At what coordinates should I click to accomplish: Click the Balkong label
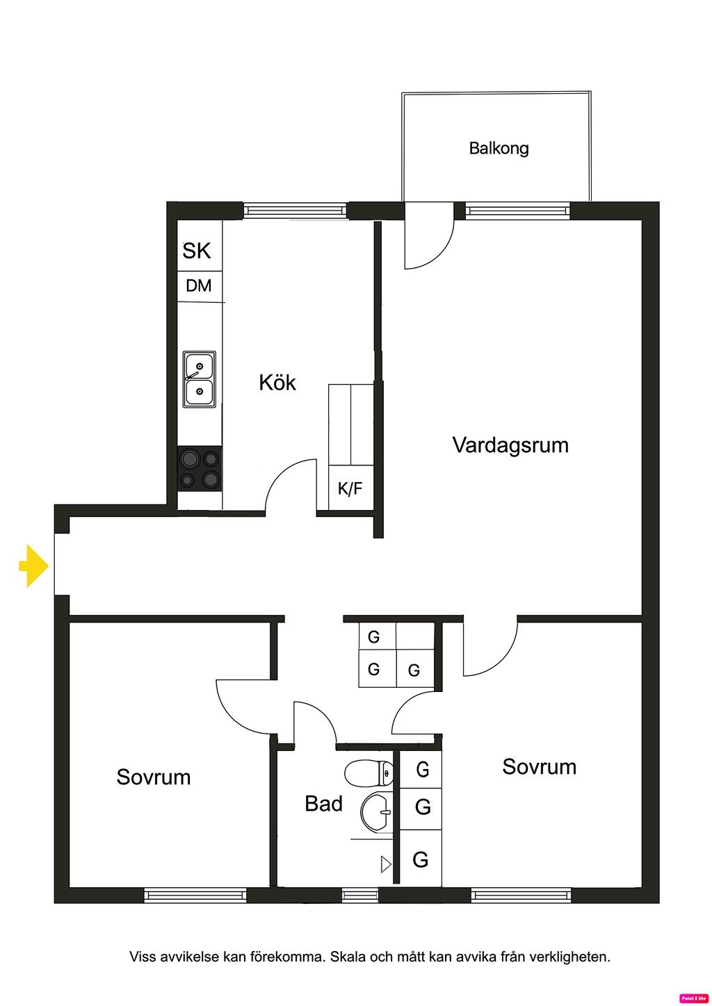[x=499, y=148]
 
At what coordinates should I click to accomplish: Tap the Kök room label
[x=277, y=382]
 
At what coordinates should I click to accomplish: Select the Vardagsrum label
[x=510, y=445]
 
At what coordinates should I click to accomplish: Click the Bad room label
[x=323, y=804]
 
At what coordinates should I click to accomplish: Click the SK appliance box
[x=197, y=250]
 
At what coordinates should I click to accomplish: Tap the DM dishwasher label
[x=199, y=286]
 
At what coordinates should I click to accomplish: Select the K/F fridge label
[x=350, y=488]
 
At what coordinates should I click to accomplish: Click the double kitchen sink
[x=200, y=379]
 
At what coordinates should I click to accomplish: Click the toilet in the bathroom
[x=369, y=772]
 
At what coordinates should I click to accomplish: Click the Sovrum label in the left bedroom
[x=154, y=777]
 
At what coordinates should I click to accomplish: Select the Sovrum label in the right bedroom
[x=540, y=767]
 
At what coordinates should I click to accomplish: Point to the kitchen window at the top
[x=295, y=211]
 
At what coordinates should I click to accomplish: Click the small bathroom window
[x=360, y=896]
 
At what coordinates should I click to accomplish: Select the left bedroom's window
[x=195, y=896]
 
